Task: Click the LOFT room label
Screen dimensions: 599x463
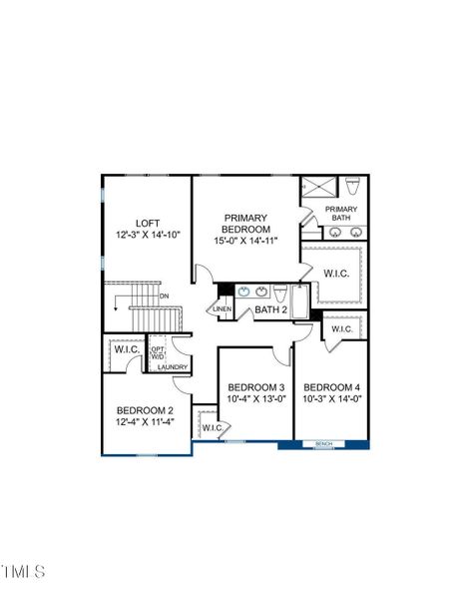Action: (x=148, y=223)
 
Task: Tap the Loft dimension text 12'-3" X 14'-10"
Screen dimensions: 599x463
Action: (x=148, y=235)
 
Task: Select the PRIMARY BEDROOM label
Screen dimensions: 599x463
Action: (x=244, y=223)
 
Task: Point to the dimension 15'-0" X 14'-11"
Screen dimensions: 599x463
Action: (x=244, y=241)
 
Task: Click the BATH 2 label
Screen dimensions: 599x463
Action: (x=269, y=309)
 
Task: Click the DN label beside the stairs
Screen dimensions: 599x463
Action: (x=164, y=296)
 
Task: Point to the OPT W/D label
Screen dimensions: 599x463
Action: (x=158, y=351)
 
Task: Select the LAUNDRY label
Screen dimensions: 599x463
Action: (x=173, y=367)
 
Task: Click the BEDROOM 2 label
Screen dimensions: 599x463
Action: (x=145, y=410)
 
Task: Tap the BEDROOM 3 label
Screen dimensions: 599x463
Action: (x=255, y=387)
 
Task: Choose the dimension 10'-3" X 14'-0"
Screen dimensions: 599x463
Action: (x=331, y=399)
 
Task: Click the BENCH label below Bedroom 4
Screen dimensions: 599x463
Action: (x=324, y=443)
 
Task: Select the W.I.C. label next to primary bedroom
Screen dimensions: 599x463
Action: (x=334, y=272)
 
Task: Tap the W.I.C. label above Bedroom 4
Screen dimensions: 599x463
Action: (x=341, y=329)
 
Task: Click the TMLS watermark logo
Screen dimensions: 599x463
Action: (x=23, y=571)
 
